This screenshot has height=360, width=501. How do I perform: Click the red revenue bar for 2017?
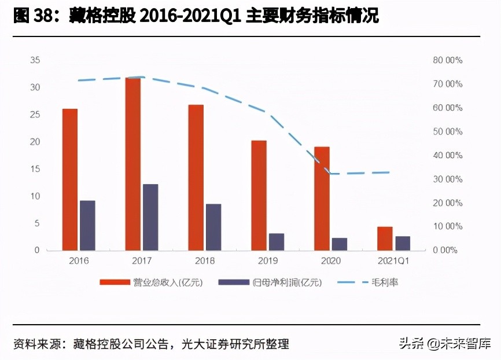132,164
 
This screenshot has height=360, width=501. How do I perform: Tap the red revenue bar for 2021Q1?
385,238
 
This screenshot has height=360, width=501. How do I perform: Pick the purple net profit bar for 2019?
277,241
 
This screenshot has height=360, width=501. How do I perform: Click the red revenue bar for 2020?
322,199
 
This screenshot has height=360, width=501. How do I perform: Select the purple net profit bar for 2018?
213,227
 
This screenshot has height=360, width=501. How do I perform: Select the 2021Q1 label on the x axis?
393,261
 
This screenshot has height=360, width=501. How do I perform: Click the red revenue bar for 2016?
69,179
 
